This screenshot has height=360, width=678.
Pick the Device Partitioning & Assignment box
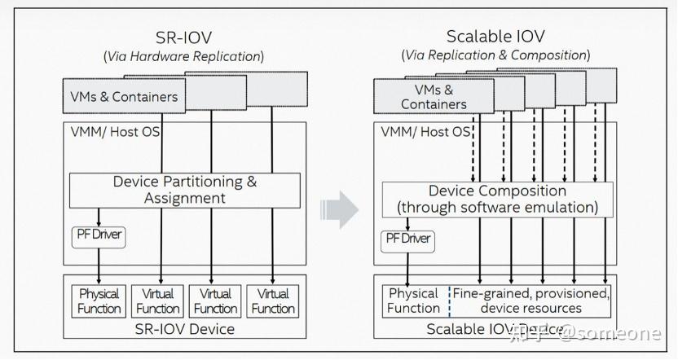tap(184, 190)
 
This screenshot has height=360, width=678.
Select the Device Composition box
tap(498, 200)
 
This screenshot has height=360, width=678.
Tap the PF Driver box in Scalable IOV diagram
tap(407, 239)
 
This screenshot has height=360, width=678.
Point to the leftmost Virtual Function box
tap(158, 301)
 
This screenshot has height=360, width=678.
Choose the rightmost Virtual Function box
tap(273, 301)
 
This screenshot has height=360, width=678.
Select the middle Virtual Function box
tap(216, 301)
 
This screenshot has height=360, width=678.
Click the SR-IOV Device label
tap(185, 329)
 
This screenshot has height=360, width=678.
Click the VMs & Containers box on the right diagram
tap(434, 97)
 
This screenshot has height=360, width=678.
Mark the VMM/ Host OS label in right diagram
tap(425, 131)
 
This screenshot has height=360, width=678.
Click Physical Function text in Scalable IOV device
tap(414, 301)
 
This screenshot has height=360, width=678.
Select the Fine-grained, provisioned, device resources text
tap(531, 301)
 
